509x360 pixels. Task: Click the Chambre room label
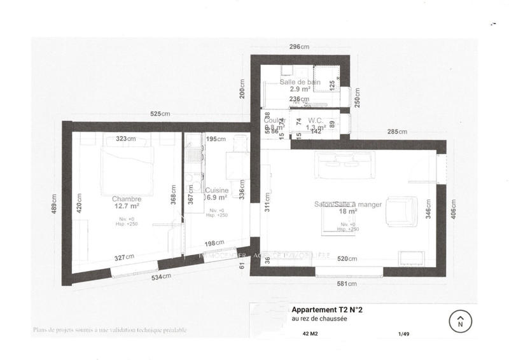126,198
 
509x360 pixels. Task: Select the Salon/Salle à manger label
347,204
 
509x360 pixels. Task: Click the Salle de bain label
300,83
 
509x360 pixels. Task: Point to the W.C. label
316,120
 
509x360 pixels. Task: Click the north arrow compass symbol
460,321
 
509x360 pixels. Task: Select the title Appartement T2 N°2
326,310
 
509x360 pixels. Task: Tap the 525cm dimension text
160,114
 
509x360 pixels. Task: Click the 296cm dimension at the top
299,47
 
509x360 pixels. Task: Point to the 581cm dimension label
347,284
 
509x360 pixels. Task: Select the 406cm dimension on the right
453,209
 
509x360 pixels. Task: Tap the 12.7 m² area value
126,206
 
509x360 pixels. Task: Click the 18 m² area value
347,212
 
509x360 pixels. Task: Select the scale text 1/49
402,333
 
